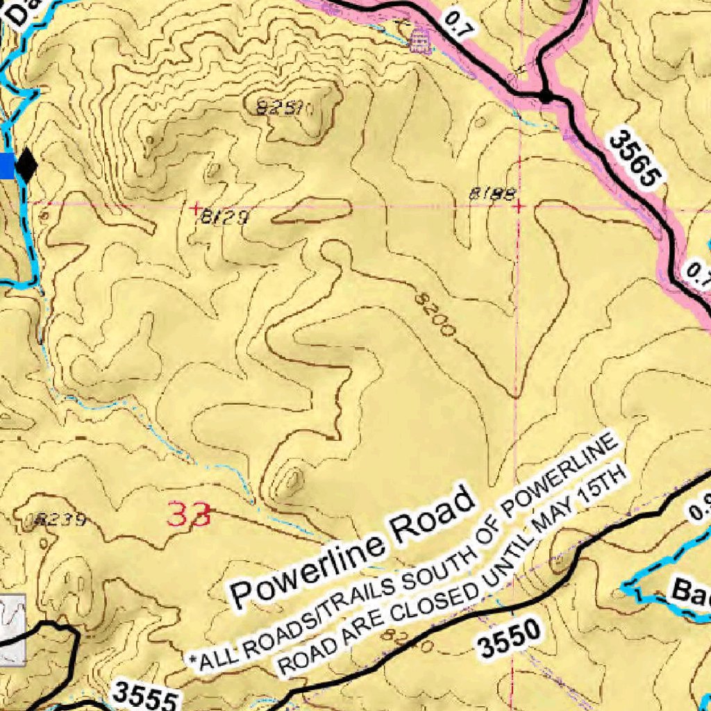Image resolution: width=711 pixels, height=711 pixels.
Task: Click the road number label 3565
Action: pos(633,159)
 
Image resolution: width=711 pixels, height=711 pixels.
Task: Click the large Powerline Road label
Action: pos(354,548)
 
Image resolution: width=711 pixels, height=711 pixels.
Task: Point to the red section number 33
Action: pos(188,515)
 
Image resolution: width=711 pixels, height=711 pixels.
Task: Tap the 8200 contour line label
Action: pos(435,315)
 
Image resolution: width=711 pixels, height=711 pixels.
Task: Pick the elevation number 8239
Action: pos(62,519)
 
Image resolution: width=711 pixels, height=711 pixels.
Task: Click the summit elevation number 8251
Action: pos(285,108)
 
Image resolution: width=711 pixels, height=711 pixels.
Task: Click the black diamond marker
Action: pos(26,166)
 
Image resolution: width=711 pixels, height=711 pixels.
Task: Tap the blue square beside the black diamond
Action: pos(6,166)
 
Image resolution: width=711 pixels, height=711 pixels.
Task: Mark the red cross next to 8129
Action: pos(196,207)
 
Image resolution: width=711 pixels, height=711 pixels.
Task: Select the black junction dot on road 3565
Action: pos(546,96)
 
